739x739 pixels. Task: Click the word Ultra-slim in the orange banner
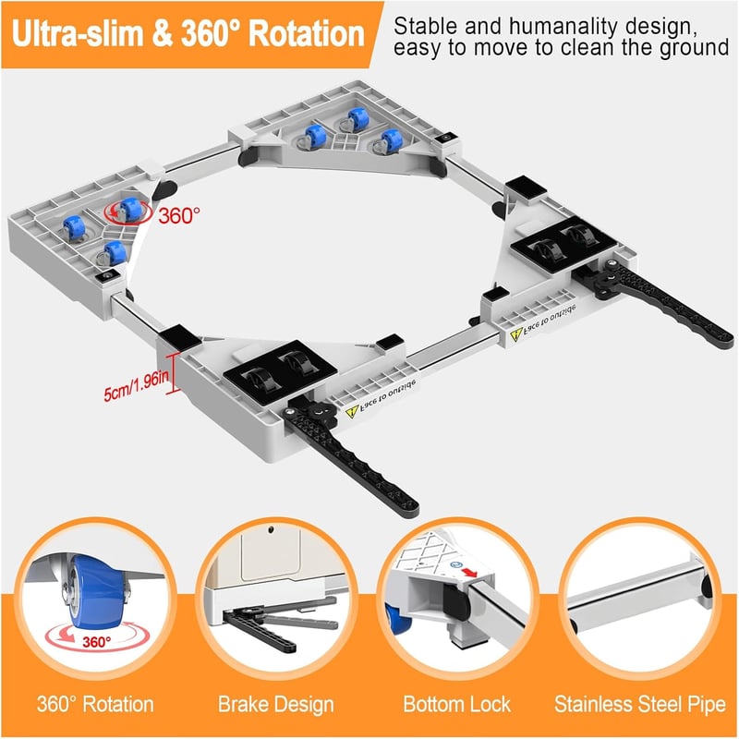pos(77,34)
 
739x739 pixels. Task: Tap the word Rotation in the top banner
pos(307,34)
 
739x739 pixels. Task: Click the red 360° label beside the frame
pos(179,216)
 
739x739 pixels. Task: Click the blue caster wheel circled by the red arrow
pos(129,210)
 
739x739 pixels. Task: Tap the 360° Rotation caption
pos(95,704)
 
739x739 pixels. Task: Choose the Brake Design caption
pos(275,704)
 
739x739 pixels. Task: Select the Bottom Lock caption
pos(456,704)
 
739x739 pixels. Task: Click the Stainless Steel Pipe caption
pos(639,704)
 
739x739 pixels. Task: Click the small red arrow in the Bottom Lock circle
pos(469,572)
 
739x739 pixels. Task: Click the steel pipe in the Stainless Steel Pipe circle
pos(636,595)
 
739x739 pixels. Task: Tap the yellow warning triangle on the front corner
pos(352,413)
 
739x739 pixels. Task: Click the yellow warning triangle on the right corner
pos(517,334)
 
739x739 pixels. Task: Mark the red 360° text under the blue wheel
pos(97,642)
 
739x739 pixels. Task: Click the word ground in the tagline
pos(694,49)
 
